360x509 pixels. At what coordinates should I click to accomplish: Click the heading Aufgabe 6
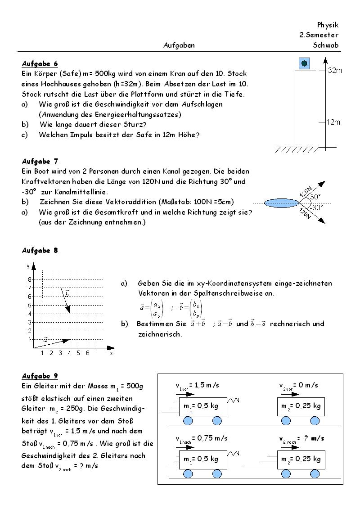coord(40,64)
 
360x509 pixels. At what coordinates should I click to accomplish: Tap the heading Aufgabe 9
coord(40,376)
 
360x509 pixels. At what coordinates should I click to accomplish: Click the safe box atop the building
coord(304,63)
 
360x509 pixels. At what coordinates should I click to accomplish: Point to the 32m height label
coord(335,71)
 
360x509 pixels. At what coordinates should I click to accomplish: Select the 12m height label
coord(333,122)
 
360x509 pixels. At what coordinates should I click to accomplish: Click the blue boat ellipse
coord(282,203)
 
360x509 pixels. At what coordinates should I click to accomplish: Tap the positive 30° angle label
coord(315,197)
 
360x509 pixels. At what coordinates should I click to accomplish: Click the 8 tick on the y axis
coord(30,279)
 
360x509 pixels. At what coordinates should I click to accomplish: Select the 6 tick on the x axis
coord(88,353)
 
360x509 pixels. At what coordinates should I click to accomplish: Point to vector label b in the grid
coord(67,294)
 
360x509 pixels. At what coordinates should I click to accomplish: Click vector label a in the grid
coord(45,340)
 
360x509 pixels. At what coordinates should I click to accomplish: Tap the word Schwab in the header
coord(326,45)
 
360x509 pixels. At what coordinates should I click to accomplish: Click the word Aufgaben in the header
coord(179,45)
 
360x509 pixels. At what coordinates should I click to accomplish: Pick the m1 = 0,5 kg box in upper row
coord(203,406)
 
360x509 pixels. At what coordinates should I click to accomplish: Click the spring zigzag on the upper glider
coord(234,399)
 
